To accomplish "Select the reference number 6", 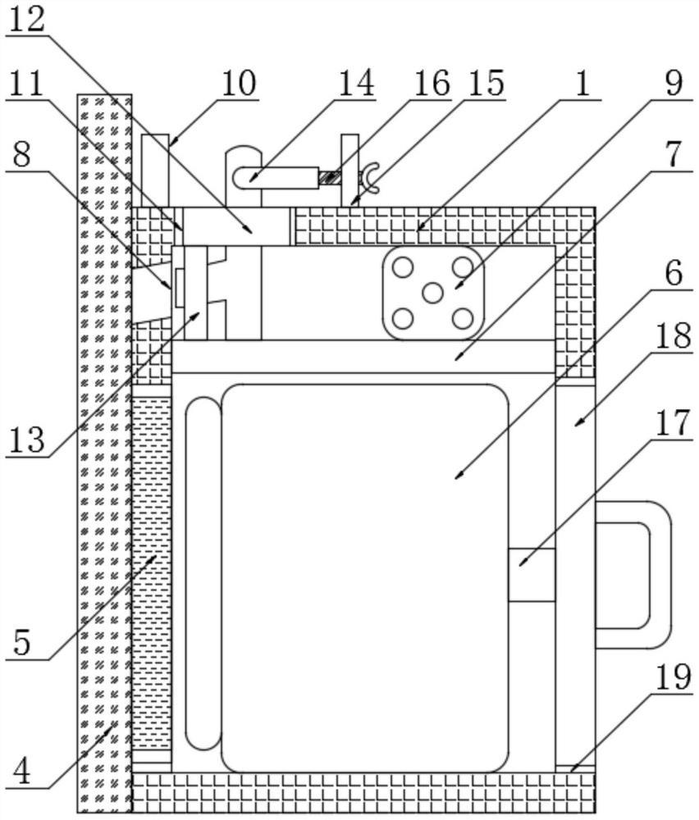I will click(674, 273).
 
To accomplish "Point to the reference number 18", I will click(674, 339).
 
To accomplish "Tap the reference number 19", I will click(674, 677).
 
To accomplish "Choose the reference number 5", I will click(22, 642).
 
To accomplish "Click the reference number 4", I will click(22, 771).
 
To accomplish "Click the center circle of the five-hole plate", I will click(432, 292).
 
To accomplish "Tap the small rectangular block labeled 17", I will click(532, 575).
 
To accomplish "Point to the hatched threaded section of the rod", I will click(331, 176).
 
